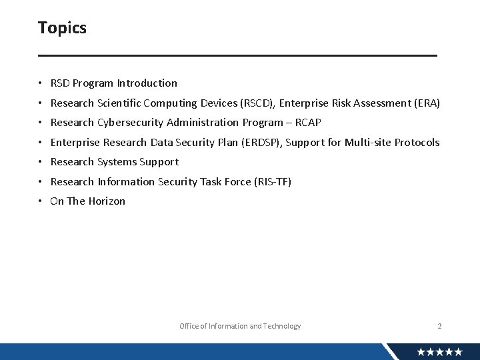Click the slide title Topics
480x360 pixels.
(62, 28)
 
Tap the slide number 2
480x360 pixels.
(439, 326)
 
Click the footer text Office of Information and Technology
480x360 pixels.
(240, 326)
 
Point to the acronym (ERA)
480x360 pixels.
(427, 103)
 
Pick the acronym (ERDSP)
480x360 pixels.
(262, 143)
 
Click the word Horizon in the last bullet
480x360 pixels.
(106, 201)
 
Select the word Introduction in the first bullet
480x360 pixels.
(147, 83)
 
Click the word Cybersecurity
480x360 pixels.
(131, 123)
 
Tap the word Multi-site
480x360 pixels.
(367, 143)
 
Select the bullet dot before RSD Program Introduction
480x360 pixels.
(41, 84)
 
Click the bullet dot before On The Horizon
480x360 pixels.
(41, 201)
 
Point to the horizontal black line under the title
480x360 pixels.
(237, 55)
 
